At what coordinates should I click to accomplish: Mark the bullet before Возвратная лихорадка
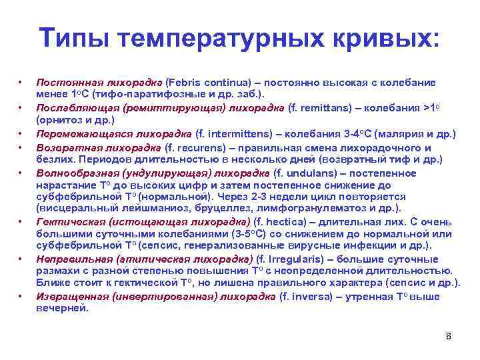[x=22, y=148]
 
